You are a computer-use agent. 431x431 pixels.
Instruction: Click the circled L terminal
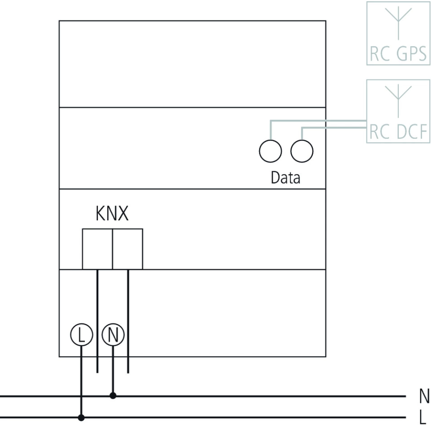click(x=81, y=335)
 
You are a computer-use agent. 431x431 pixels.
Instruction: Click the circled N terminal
click(x=113, y=335)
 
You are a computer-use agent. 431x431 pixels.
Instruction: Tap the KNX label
click(x=112, y=214)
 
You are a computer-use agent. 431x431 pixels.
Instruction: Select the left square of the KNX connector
click(x=97, y=249)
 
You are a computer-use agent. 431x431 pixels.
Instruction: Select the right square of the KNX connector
click(x=128, y=249)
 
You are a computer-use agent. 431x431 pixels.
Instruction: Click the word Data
click(x=285, y=178)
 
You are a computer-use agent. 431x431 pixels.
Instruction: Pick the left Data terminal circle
click(x=270, y=151)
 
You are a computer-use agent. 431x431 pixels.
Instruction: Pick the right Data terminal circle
click(x=302, y=151)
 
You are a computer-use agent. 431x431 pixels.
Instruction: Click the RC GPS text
click(x=398, y=55)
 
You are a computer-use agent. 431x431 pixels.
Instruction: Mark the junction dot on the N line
click(x=113, y=396)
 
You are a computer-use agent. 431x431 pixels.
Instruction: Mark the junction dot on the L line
click(x=81, y=417)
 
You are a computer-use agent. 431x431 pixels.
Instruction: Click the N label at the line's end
click(x=424, y=396)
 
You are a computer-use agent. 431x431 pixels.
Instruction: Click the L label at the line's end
click(x=424, y=417)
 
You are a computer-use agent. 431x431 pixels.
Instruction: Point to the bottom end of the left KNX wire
click(x=97, y=372)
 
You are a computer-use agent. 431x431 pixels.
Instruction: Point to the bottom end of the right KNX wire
click(x=128, y=372)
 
